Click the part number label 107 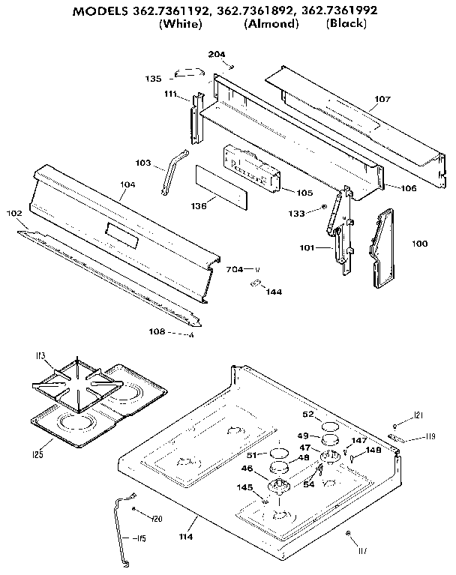382,98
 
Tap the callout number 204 217,54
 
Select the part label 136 199,205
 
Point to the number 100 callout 420,243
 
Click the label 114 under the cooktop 185,537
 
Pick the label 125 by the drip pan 37,454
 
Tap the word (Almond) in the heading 271,24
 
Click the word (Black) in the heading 346,24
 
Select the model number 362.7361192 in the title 170,10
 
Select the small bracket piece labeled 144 256,283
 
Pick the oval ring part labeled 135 189,73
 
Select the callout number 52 307,414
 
